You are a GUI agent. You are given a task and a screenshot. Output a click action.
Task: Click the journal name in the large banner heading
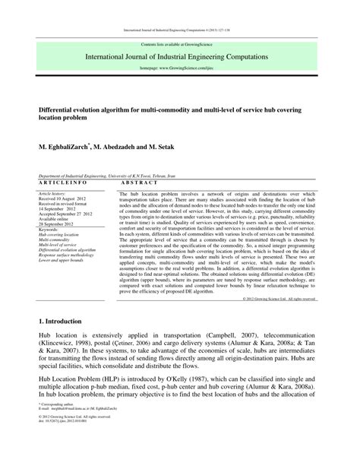[x=180, y=57]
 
